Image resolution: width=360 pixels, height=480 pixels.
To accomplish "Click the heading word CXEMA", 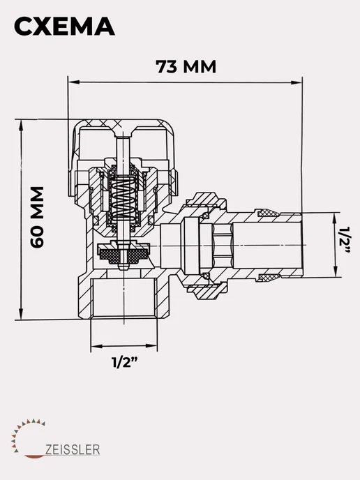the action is (64, 27).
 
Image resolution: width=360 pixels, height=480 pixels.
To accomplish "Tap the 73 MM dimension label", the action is (186, 66).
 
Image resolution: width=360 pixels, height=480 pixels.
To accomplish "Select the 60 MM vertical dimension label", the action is (37, 217).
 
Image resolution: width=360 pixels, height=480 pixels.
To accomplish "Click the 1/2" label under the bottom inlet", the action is (124, 363).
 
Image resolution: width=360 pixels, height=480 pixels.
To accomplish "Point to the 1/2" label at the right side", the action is (345, 240).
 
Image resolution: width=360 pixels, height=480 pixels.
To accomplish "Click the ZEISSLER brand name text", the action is (73, 450).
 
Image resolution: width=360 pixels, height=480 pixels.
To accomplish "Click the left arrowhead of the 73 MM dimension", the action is (73, 82).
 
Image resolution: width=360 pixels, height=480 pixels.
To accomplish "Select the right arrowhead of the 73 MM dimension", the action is (297, 82).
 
